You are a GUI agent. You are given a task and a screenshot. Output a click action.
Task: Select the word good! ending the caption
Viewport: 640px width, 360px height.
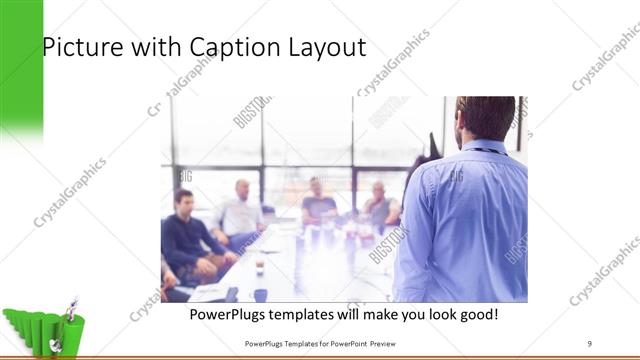[x=476, y=315]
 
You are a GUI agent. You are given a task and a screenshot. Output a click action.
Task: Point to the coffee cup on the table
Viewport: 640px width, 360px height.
[x=259, y=266]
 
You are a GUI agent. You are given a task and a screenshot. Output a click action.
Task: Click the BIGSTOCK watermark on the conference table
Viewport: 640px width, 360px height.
[x=388, y=244]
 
